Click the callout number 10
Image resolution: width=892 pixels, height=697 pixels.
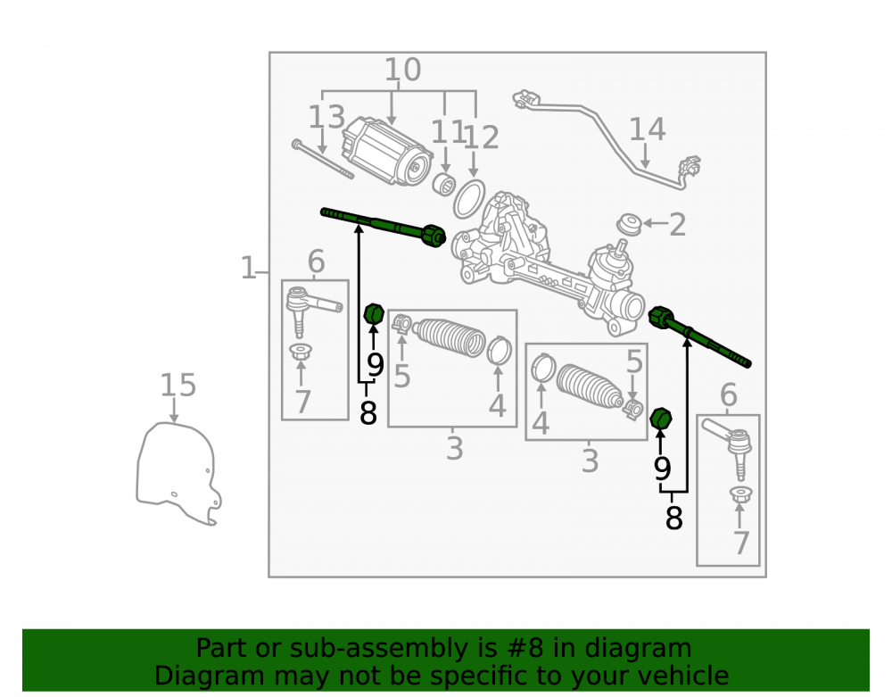tap(403, 70)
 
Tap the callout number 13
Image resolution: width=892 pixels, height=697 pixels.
tap(326, 117)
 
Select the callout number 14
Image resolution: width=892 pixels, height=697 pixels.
tap(647, 129)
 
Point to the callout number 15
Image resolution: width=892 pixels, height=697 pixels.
tap(178, 386)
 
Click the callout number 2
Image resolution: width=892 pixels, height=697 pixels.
tap(677, 225)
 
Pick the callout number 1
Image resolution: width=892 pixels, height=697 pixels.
tap(248, 268)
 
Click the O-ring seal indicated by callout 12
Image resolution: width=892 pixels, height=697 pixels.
tap(469, 199)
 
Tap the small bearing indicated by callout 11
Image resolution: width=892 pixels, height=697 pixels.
tap(443, 184)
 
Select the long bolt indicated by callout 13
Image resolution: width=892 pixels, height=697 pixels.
tap(323, 159)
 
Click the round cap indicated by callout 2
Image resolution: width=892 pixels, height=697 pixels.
tap(630, 224)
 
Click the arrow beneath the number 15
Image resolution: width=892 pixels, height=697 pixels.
tap(174, 411)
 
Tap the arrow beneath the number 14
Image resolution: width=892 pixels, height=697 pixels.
tap(645, 155)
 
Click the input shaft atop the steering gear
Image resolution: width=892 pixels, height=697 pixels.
tap(620, 249)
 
